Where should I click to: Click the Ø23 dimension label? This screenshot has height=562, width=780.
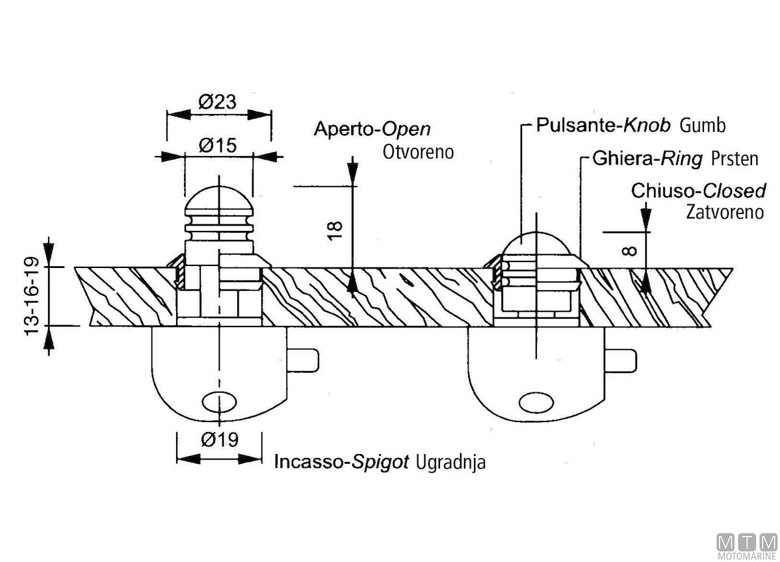coord(217,102)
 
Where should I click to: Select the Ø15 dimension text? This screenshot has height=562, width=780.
coord(217,146)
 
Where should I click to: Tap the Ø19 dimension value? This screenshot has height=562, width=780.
coord(220,440)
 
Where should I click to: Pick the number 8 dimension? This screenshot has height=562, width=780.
coord(629,249)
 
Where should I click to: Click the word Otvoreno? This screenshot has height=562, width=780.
coord(418,152)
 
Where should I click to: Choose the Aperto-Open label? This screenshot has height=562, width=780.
coord(372,129)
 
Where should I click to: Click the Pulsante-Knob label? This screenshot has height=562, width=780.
coord(603,126)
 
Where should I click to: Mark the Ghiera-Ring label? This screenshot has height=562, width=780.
coord(647,159)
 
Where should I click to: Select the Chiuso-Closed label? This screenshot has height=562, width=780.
coord(698,191)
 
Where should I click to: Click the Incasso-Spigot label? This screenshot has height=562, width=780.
coord(341,462)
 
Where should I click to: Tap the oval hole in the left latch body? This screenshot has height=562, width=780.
coord(220,402)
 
